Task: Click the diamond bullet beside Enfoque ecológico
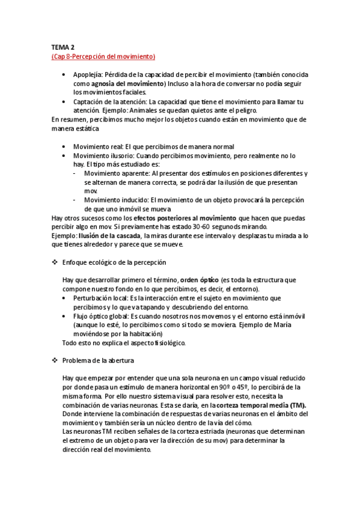[55, 263]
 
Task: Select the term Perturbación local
[103, 298]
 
